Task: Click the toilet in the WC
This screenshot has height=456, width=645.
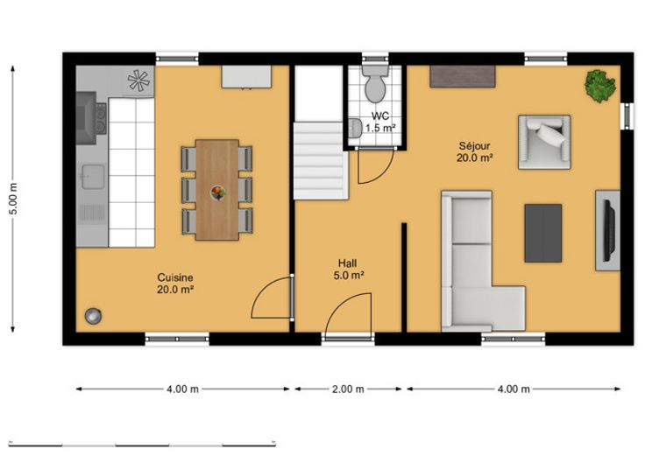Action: [x=375, y=84]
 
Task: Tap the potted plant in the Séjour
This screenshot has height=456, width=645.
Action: [x=600, y=87]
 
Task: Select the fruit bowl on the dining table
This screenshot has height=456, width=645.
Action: [x=217, y=193]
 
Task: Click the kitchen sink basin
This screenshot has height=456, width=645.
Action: [x=93, y=177]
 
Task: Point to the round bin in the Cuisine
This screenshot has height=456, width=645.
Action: [x=94, y=316]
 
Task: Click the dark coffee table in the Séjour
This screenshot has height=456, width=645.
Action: [x=543, y=233]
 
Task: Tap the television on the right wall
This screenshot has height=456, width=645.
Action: [x=609, y=230]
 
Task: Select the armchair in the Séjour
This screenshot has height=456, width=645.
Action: [x=544, y=142]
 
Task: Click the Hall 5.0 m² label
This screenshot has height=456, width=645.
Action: [x=349, y=270]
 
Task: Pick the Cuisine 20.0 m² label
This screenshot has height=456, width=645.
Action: [x=175, y=284]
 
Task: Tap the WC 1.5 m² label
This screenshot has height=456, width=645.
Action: [x=380, y=122]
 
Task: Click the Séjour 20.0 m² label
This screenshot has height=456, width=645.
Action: [x=475, y=151]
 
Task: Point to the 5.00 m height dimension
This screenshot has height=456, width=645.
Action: [x=13, y=199]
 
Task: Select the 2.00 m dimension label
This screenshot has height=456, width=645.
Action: [x=348, y=389]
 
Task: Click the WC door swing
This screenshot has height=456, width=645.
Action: [x=375, y=166]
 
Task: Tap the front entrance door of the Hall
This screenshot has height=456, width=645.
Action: [x=348, y=316]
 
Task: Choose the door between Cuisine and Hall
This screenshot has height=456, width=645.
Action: [x=273, y=298]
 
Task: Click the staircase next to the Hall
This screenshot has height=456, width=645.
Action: [x=321, y=161]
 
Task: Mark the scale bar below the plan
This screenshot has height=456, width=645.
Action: [x=142, y=444]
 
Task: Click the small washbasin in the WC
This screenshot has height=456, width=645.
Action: [x=355, y=128]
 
